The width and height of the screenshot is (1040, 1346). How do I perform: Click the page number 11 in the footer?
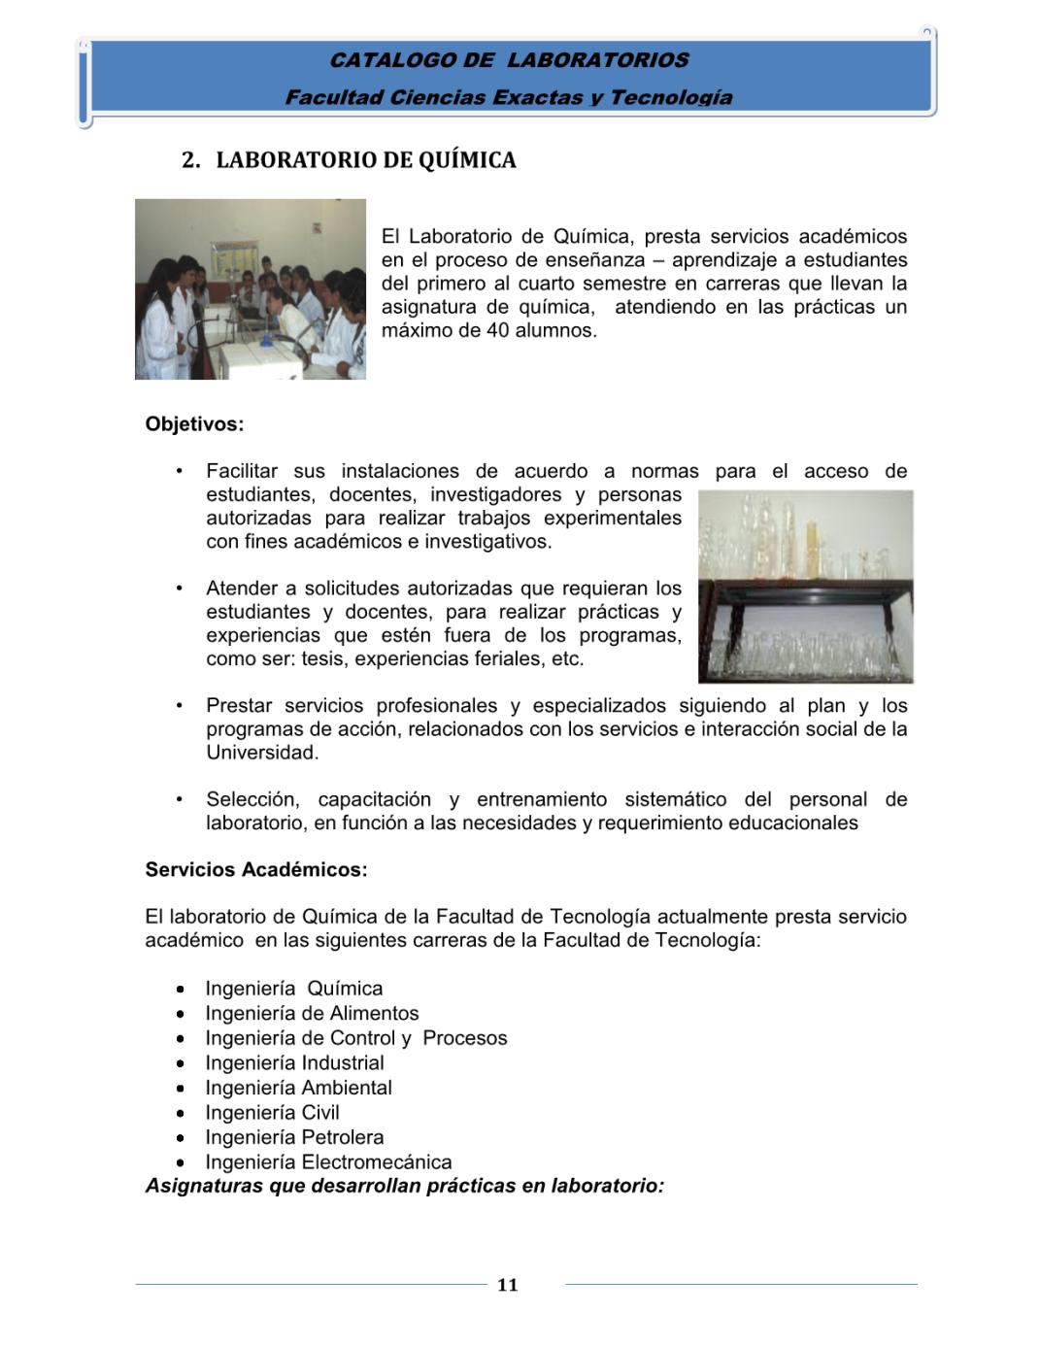pyautogui.click(x=507, y=1285)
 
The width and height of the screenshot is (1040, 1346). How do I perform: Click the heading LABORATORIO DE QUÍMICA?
pyautogui.click(x=366, y=160)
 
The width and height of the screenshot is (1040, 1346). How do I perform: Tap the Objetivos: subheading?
pyautogui.click(x=194, y=424)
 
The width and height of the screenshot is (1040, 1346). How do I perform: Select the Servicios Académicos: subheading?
pyautogui.click(x=256, y=870)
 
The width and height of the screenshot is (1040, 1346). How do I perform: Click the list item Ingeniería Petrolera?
pyautogui.click(x=294, y=1137)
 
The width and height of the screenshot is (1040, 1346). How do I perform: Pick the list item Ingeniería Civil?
pyautogui.click(x=272, y=1113)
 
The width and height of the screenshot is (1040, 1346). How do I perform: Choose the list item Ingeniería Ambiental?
pyautogui.click(x=298, y=1088)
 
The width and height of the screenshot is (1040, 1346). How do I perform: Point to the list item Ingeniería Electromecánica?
pyautogui.click(x=328, y=1162)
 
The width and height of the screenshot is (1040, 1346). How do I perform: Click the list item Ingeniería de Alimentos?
pyautogui.click(x=312, y=1014)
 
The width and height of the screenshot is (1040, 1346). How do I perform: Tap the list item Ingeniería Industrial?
pyautogui.click(x=294, y=1063)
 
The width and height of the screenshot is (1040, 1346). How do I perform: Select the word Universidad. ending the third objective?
pyautogui.click(x=262, y=753)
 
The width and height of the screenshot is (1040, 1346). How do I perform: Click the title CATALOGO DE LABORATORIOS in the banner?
pyautogui.click(x=509, y=60)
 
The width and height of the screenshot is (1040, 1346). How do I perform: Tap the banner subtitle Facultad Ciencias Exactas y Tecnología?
pyautogui.click(x=509, y=97)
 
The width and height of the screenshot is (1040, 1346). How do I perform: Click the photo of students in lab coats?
pyautogui.click(x=251, y=289)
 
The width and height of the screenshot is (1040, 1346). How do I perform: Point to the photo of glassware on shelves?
pyautogui.click(x=805, y=587)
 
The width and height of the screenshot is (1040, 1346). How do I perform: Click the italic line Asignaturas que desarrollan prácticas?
pyautogui.click(x=404, y=1186)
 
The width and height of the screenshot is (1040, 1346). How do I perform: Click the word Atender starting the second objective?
pyautogui.click(x=241, y=589)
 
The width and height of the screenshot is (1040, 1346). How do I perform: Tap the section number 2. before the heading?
pyautogui.click(x=190, y=160)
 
